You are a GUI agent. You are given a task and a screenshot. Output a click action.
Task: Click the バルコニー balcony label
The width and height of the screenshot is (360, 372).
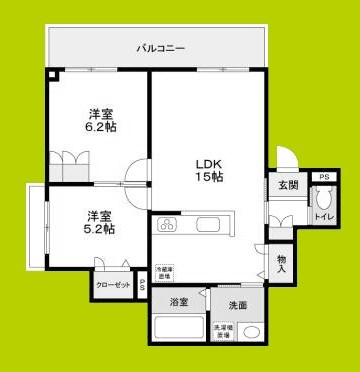(x=159, y=47)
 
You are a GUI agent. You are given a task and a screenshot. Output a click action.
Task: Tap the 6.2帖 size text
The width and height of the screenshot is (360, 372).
(x=98, y=127)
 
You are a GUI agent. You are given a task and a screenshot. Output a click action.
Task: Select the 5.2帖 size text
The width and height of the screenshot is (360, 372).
(x=98, y=229)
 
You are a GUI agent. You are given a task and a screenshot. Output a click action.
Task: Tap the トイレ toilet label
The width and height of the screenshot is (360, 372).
(x=323, y=216)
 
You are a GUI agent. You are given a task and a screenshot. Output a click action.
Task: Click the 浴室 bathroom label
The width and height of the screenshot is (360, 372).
(x=179, y=302)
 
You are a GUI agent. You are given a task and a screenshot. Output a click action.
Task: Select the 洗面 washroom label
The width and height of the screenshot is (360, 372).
(x=237, y=305)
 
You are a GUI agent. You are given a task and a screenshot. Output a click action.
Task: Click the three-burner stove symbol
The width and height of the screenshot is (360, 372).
(x=166, y=223)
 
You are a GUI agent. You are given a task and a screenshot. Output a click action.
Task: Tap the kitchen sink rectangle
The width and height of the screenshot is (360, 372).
(x=214, y=222)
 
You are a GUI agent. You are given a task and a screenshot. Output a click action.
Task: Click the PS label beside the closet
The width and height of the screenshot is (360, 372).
(x=143, y=285)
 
